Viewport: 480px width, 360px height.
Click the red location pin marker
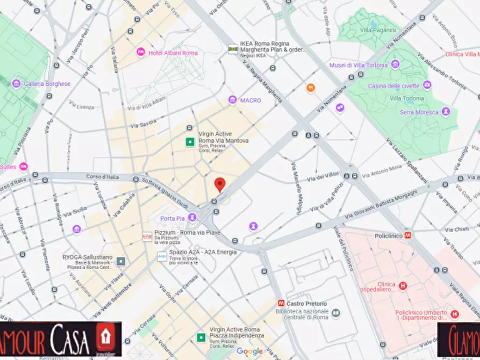coord(219,184)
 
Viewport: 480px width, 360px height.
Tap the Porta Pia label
coord(172,218)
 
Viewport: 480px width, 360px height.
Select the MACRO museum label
coord(250,100)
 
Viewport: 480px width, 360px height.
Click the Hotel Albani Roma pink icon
coord(141,52)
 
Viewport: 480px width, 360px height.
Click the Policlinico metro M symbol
coord(409,235)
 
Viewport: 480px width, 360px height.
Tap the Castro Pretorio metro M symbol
coord(281,304)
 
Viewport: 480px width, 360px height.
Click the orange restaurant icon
coord(311,88)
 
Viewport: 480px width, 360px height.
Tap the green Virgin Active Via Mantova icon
coord(189,142)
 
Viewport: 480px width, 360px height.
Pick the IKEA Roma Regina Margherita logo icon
coord(233,48)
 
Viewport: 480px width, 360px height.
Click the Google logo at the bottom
coord(250,351)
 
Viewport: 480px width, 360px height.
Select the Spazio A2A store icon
coord(161,256)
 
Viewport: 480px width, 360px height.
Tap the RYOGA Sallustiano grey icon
coord(121,261)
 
